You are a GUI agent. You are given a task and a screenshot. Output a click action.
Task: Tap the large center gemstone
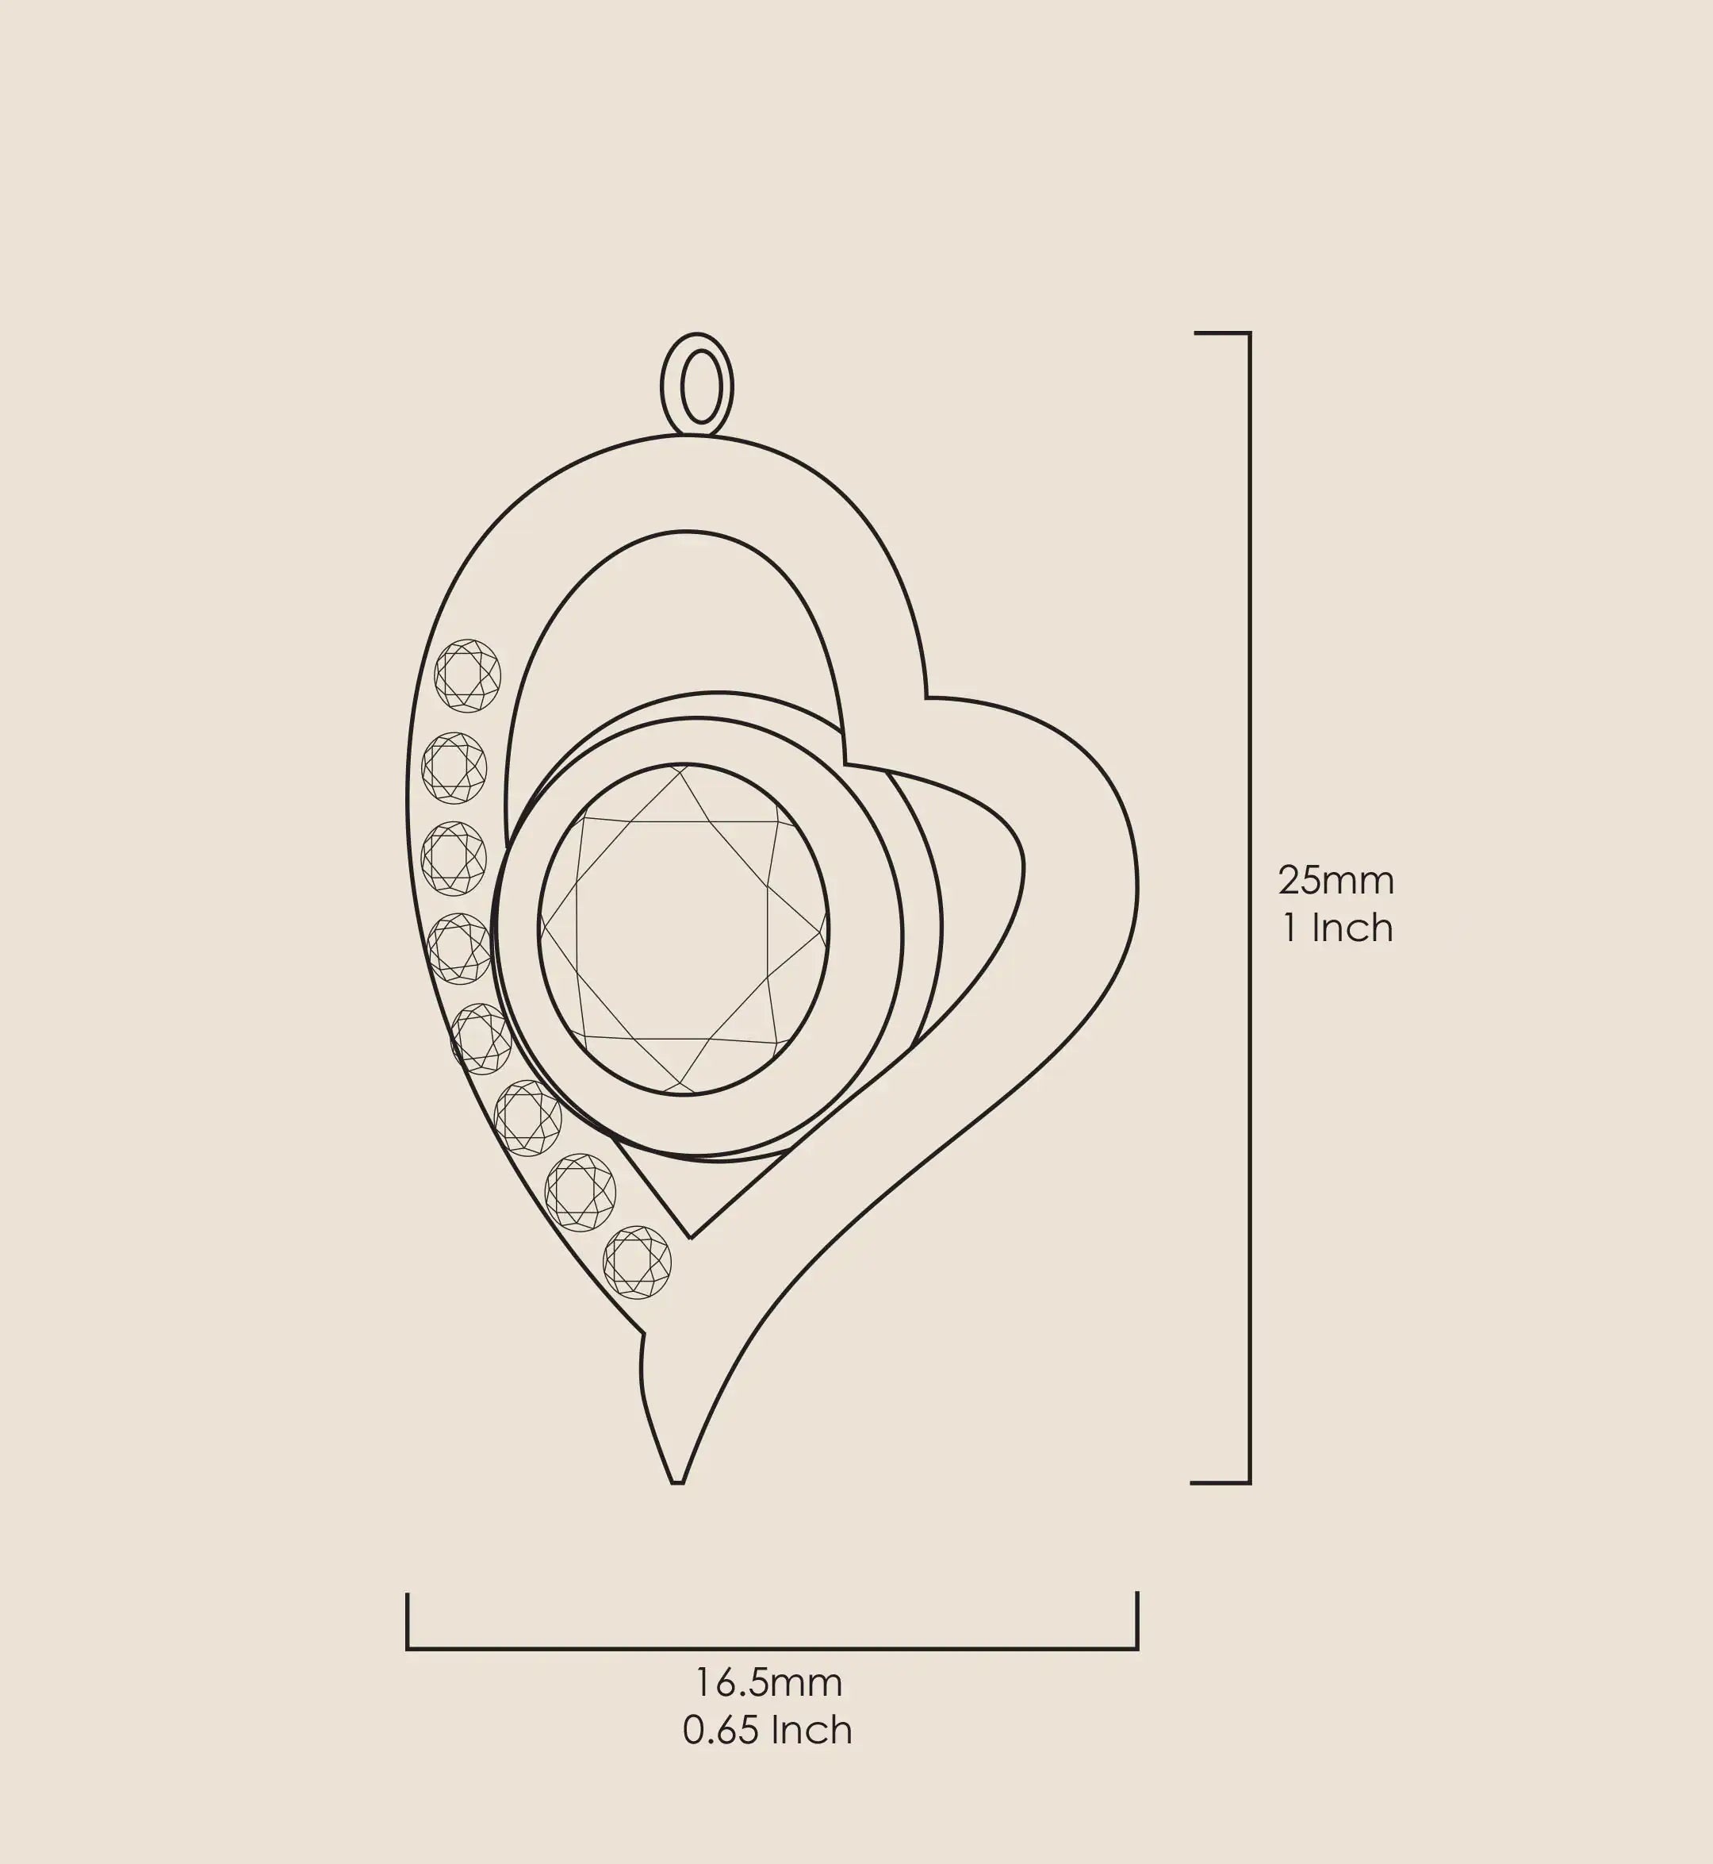pyautogui.click(x=684, y=928)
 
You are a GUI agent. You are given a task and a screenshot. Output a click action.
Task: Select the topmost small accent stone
pyautogui.click(x=467, y=675)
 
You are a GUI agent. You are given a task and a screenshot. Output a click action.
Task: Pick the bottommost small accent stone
pyautogui.click(x=637, y=1263)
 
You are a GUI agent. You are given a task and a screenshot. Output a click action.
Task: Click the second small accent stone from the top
pyautogui.click(x=454, y=768)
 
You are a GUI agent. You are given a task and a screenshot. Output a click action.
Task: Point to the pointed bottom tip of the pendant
pyautogui.click(x=677, y=1482)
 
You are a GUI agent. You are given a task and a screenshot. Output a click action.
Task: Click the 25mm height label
pyautogui.click(x=1336, y=880)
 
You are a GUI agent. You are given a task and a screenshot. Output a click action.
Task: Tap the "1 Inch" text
pyautogui.click(x=1338, y=928)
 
